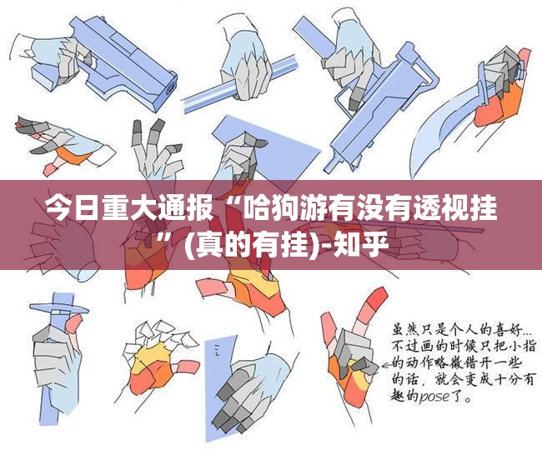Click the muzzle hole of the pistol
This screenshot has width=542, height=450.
tap(170, 88)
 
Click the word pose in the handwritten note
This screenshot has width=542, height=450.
tap(434, 397)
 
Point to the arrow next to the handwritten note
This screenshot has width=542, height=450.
tap(387, 363)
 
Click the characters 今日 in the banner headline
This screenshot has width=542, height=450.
tap(72, 208)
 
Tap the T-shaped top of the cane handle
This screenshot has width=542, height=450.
tap(59, 307)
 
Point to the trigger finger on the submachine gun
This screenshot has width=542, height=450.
tap(357, 97)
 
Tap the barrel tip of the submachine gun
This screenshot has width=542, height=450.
tap(329, 167)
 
